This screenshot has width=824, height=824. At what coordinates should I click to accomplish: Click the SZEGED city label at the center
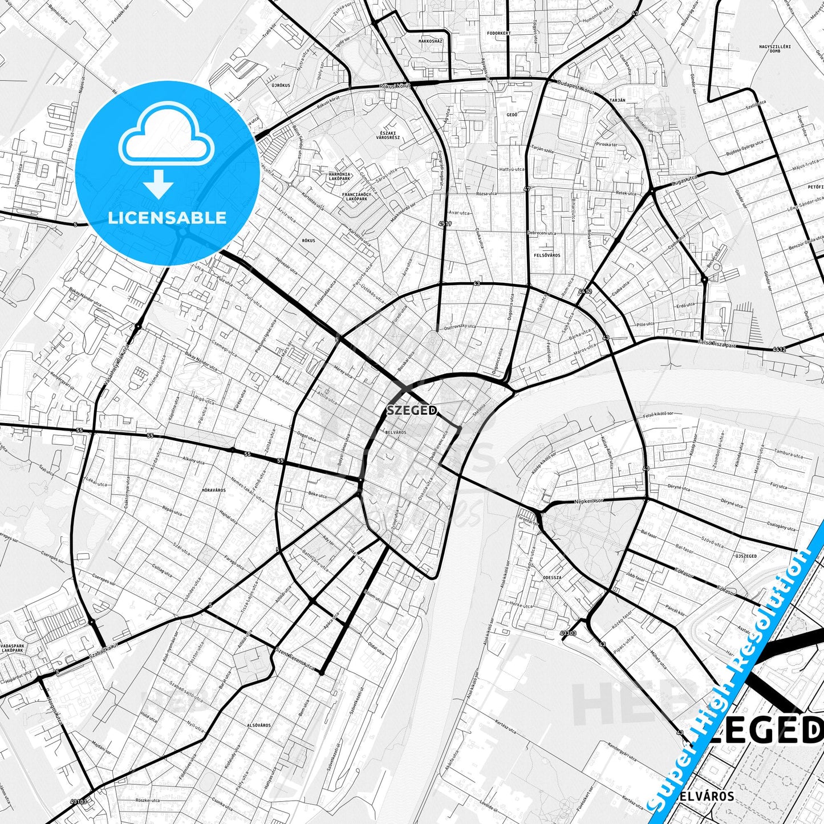click(x=412, y=410)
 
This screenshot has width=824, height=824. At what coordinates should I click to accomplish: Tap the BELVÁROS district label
click(x=396, y=432)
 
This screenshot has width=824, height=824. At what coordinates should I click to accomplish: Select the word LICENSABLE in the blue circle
click(x=167, y=217)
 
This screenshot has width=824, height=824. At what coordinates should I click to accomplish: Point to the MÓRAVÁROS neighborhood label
click(x=214, y=490)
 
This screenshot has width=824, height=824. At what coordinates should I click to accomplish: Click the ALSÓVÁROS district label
click(x=258, y=725)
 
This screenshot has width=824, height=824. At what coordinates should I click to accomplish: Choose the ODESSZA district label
click(x=553, y=577)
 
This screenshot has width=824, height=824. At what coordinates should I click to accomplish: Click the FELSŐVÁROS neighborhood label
click(x=546, y=255)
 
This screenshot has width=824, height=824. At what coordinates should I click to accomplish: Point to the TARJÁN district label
click(x=618, y=100)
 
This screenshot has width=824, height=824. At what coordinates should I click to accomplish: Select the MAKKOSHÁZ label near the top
click(x=431, y=41)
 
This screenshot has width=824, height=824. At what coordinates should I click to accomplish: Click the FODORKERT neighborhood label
click(x=499, y=33)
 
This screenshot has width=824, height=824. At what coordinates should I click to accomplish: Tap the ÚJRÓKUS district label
click(x=281, y=85)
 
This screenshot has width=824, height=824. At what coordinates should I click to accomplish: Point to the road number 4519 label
click(x=445, y=224)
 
